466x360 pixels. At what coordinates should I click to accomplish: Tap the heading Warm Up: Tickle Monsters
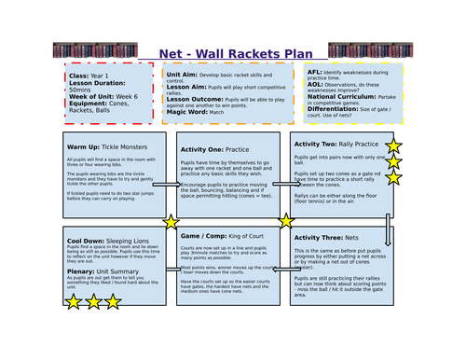[105, 146]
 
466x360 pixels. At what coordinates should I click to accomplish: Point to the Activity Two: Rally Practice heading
[336, 144]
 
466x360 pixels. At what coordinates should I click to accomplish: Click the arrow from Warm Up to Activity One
[166, 185]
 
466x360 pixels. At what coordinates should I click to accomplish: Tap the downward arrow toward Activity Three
[389, 228]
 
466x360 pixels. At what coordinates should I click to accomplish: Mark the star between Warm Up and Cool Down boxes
[171, 222]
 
